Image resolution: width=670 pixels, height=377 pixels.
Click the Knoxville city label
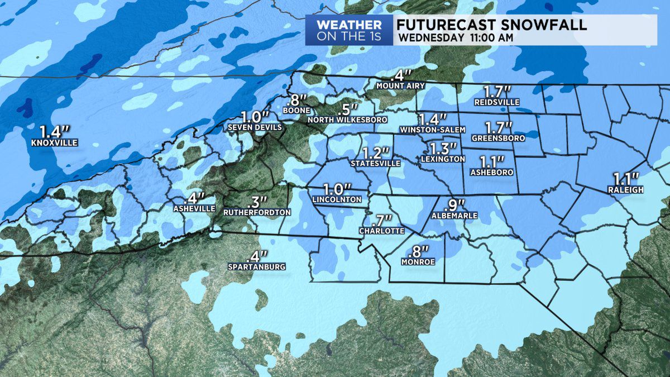[55, 143]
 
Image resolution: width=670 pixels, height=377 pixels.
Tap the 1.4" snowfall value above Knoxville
[54, 132]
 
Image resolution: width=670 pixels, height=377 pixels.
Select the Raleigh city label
[626, 190]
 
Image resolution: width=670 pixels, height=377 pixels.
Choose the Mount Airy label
[401, 86]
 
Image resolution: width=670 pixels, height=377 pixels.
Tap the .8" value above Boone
[296, 101]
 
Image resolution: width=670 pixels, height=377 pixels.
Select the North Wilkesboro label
[347, 120]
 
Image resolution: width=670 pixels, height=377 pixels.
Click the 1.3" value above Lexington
[443, 149]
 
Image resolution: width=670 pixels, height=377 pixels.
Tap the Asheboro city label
[492, 173]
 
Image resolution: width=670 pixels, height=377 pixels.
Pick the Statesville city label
[375, 163]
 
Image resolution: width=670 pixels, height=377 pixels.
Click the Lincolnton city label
[338, 199]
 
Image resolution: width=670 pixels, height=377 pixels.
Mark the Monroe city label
[418, 261]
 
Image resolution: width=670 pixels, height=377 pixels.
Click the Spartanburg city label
[257, 267]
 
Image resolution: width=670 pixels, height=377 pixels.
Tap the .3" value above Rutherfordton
[257, 201]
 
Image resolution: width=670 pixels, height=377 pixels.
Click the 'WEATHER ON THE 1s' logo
[349, 31]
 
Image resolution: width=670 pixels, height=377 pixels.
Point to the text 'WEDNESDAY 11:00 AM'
[454, 37]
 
